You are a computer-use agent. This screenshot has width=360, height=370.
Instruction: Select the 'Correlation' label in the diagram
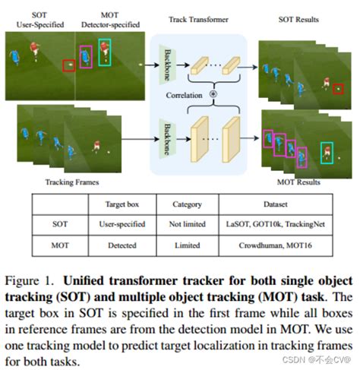(187, 96)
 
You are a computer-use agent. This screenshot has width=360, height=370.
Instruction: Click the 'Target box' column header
(122, 204)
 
